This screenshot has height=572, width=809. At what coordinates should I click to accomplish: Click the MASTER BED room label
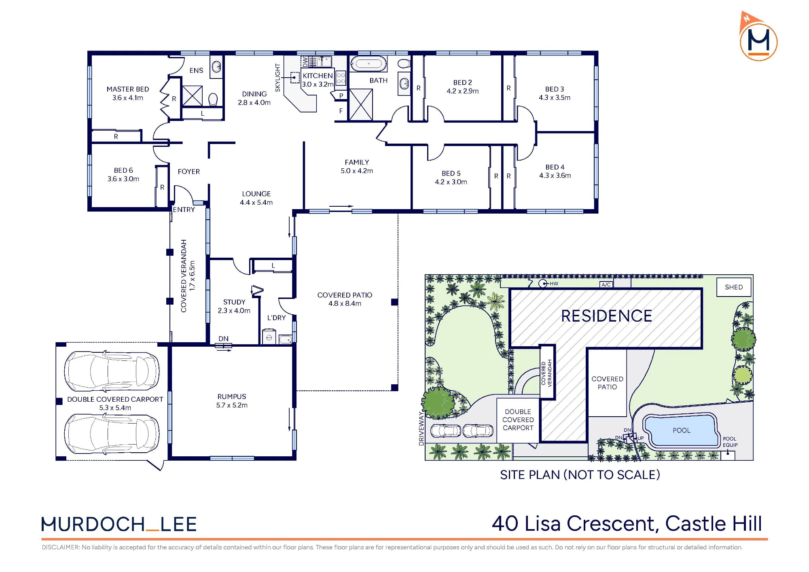click(x=128, y=89)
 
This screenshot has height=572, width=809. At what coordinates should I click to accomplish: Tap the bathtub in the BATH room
click(x=368, y=64)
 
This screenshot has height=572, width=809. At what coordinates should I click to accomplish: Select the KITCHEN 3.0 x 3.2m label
click(x=318, y=80)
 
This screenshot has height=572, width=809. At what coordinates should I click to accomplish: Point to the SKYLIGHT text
click(x=277, y=78)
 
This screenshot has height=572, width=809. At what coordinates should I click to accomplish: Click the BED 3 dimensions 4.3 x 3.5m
click(x=555, y=97)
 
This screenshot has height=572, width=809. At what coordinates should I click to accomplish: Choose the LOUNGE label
click(x=256, y=194)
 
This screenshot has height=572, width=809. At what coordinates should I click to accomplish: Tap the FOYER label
click(x=189, y=172)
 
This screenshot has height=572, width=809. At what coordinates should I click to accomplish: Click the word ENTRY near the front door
click(x=184, y=210)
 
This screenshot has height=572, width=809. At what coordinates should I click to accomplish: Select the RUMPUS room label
click(x=232, y=396)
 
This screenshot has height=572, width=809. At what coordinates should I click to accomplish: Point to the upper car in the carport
click(x=112, y=371)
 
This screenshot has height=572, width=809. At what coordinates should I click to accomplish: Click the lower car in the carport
click(x=112, y=434)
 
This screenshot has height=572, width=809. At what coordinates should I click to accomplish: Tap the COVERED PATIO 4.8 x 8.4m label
click(x=345, y=299)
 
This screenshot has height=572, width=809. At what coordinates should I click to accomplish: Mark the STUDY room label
click(x=234, y=302)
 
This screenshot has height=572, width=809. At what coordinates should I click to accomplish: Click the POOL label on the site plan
click(x=682, y=430)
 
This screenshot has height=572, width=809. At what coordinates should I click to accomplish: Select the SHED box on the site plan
click(x=734, y=287)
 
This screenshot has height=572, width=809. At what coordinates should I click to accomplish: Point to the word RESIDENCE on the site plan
click(x=607, y=316)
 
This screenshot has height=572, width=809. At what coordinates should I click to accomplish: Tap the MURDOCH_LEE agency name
click(x=119, y=524)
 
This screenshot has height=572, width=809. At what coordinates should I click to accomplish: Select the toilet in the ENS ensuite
click(x=213, y=99)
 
